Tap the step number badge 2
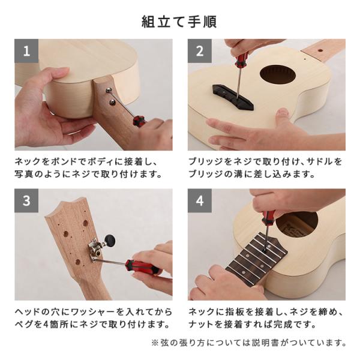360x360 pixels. click(x=199, y=51)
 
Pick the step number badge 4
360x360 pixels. click(x=199, y=200)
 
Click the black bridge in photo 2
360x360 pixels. click(x=232, y=97)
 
